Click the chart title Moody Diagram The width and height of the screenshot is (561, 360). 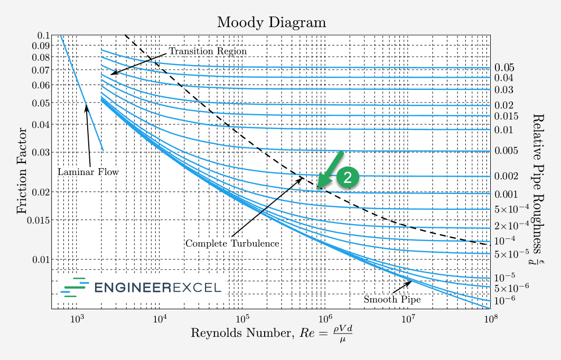tap(272, 23)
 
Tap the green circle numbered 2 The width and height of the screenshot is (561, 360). tap(348, 178)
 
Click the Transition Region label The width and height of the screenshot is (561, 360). tap(208, 51)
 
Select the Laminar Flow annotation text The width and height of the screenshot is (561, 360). tap(88, 172)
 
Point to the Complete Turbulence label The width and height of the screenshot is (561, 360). tap(232, 244)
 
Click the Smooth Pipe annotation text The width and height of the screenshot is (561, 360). tap(392, 300)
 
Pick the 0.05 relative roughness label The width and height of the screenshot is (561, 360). tap(504, 68)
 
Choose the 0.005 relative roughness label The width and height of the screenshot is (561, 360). tap(507, 151)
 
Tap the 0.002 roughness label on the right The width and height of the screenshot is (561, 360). tap(507, 176)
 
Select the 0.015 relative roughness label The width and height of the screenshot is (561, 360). tap(507, 116)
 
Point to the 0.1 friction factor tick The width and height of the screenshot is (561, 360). tap(43, 35)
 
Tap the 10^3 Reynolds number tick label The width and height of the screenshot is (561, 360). tap(77, 319)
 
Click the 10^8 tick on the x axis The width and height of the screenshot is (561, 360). tap(490, 319)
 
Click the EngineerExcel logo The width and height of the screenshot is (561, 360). tap(141, 288)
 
